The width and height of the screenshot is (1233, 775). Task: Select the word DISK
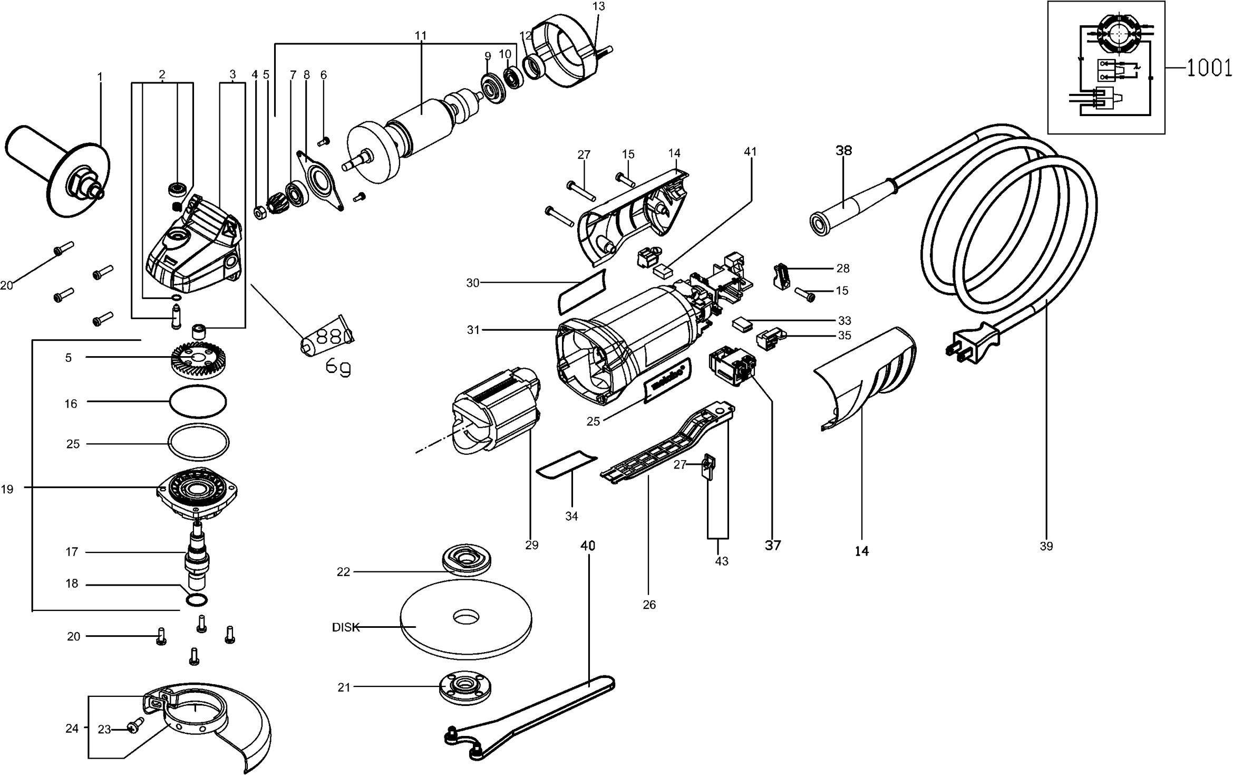(x=345, y=627)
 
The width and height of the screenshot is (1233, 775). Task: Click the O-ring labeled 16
(x=198, y=402)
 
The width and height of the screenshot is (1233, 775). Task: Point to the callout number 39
(x=1046, y=547)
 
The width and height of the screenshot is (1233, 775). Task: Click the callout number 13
(x=599, y=6)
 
